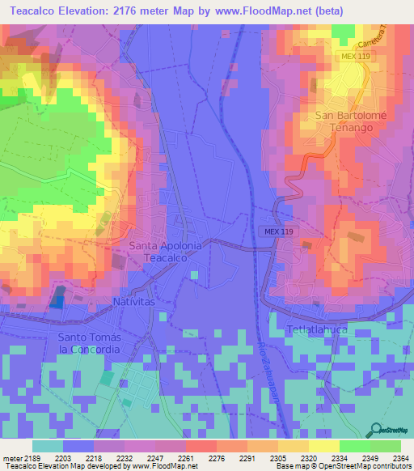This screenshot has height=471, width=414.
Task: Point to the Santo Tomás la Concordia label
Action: pos(89,342)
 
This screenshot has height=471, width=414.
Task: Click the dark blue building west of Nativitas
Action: pos(57,300)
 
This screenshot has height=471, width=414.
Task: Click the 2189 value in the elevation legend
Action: pos(32,458)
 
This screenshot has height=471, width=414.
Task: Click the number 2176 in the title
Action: pos(135,11)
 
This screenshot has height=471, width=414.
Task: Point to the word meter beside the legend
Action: pos(11,458)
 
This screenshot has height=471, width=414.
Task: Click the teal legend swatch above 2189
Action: pos(48,446)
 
